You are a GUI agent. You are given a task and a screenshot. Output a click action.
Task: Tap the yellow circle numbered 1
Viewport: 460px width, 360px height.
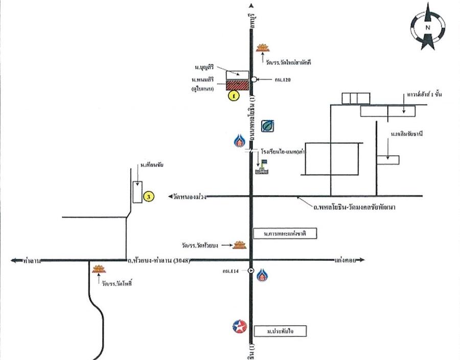233,95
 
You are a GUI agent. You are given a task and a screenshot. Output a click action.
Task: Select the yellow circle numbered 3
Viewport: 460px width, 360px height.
148,196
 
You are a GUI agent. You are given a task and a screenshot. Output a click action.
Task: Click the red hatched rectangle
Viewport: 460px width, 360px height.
237,85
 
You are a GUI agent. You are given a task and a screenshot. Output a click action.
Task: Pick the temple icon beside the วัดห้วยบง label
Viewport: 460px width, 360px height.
240,246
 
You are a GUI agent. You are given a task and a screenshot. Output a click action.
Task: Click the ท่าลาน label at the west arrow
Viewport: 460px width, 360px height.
32,260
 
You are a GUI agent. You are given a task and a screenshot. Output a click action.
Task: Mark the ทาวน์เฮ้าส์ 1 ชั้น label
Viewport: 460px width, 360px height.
417,95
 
